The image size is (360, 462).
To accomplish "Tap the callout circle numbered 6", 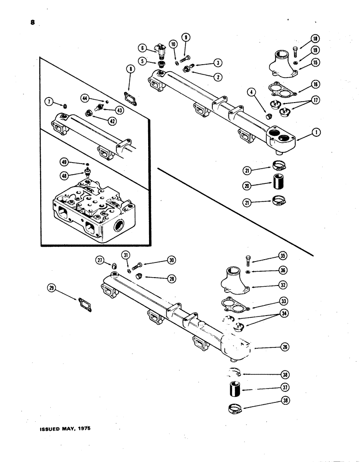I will (x=143, y=47).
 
